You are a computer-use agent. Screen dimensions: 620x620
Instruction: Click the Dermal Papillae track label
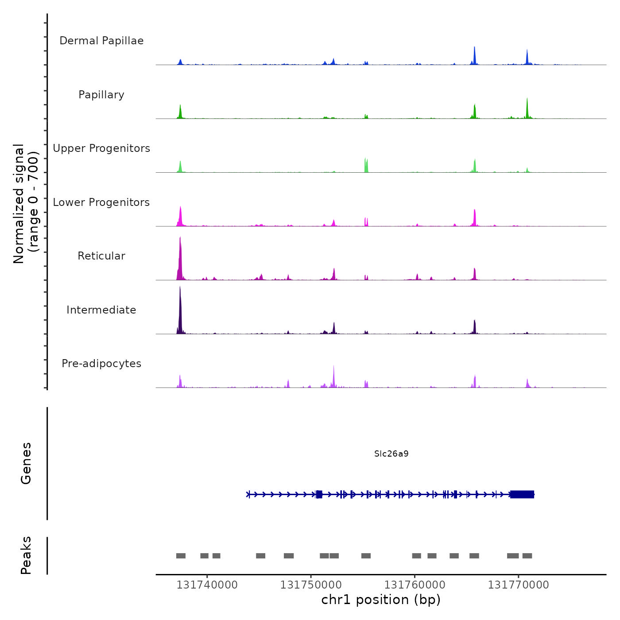[101, 41]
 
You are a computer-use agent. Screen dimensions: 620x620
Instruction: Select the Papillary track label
[101, 95]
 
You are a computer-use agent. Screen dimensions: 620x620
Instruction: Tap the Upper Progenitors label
[101, 148]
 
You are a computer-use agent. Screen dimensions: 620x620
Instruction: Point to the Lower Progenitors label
[101, 202]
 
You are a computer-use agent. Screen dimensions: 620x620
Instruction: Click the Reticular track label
[101, 256]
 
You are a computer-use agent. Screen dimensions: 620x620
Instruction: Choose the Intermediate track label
[101, 310]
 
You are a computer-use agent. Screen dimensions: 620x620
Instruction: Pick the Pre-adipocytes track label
[101, 364]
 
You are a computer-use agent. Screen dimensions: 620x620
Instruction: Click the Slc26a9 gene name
[391, 453]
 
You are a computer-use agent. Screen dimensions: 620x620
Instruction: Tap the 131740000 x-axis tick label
[207, 585]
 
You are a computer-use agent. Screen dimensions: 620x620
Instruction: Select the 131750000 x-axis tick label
[310, 585]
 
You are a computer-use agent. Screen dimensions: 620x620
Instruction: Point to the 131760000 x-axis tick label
[415, 585]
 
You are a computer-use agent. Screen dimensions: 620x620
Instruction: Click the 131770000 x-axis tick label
[518, 585]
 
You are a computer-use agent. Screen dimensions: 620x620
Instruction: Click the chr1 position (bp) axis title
[381, 600]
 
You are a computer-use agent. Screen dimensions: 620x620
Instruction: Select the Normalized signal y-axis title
[26, 203]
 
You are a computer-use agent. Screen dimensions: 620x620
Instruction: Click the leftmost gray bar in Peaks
[181, 556]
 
